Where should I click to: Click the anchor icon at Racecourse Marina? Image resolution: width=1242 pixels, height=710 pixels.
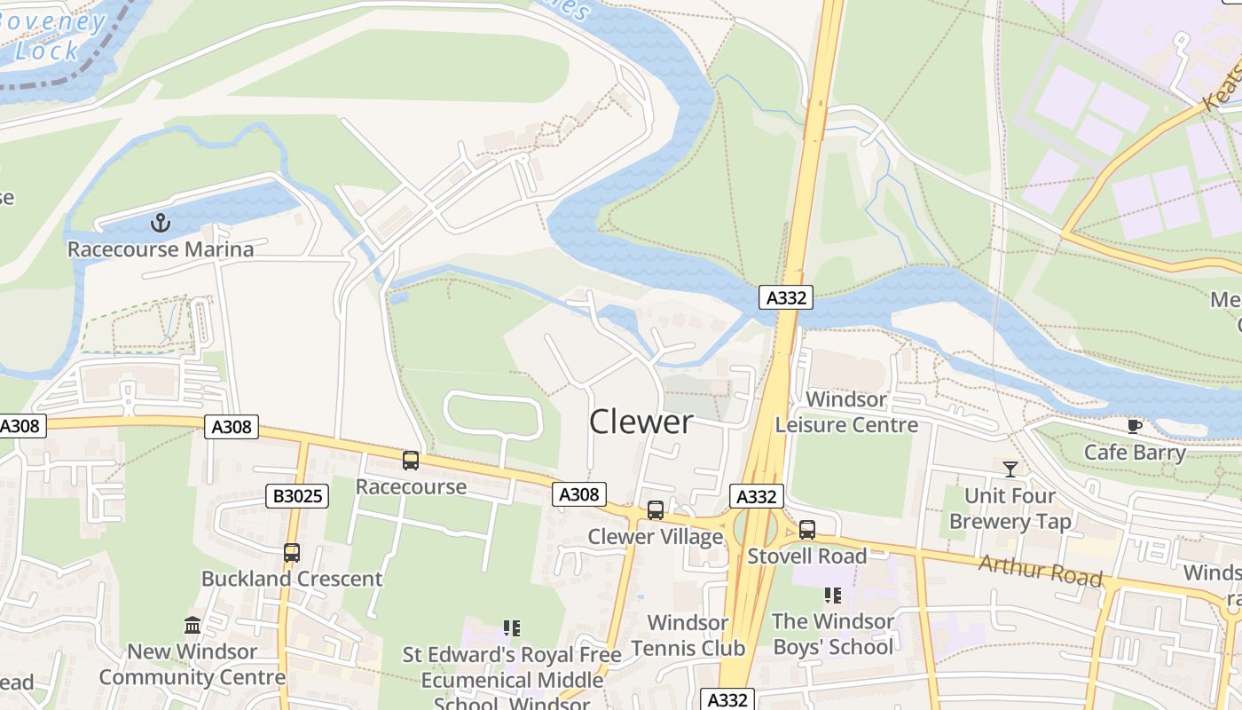pyautogui.click(x=161, y=222)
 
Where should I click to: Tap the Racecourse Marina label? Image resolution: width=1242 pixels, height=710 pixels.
pyautogui.click(x=161, y=249)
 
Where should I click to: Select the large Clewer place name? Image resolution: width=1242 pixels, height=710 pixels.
pyautogui.click(x=641, y=422)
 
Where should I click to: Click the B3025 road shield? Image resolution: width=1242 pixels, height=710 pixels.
pyautogui.click(x=297, y=496)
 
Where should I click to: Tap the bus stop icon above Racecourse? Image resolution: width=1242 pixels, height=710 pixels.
pyautogui.click(x=411, y=461)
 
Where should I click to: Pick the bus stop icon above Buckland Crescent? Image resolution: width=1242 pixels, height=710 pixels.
pyautogui.click(x=292, y=553)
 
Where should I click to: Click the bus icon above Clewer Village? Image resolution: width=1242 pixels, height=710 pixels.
pyautogui.click(x=656, y=510)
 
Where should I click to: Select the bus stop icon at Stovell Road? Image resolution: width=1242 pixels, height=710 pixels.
pyautogui.click(x=807, y=530)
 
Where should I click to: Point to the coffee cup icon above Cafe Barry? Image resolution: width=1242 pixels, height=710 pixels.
pyautogui.click(x=1135, y=426)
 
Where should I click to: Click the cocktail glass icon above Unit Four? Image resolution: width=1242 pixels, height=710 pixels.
pyautogui.click(x=1010, y=469)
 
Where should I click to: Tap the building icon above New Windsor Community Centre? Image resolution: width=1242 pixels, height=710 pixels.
pyautogui.click(x=193, y=626)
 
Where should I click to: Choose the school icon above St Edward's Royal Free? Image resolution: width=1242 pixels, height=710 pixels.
pyautogui.click(x=512, y=628)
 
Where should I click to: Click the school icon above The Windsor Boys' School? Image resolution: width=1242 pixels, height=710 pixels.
pyautogui.click(x=833, y=595)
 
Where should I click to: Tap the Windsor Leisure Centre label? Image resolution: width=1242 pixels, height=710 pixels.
pyautogui.click(x=846, y=413)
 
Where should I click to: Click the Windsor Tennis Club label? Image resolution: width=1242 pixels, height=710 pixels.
pyautogui.click(x=688, y=635)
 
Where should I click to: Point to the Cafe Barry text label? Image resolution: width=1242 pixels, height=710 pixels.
pyautogui.click(x=1135, y=453)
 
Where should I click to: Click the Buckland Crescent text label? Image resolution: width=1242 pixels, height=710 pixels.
pyautogui.click(x=292, y=579)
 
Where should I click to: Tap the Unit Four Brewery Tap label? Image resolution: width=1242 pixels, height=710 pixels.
pyautogui.click(x=1010, y=509)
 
